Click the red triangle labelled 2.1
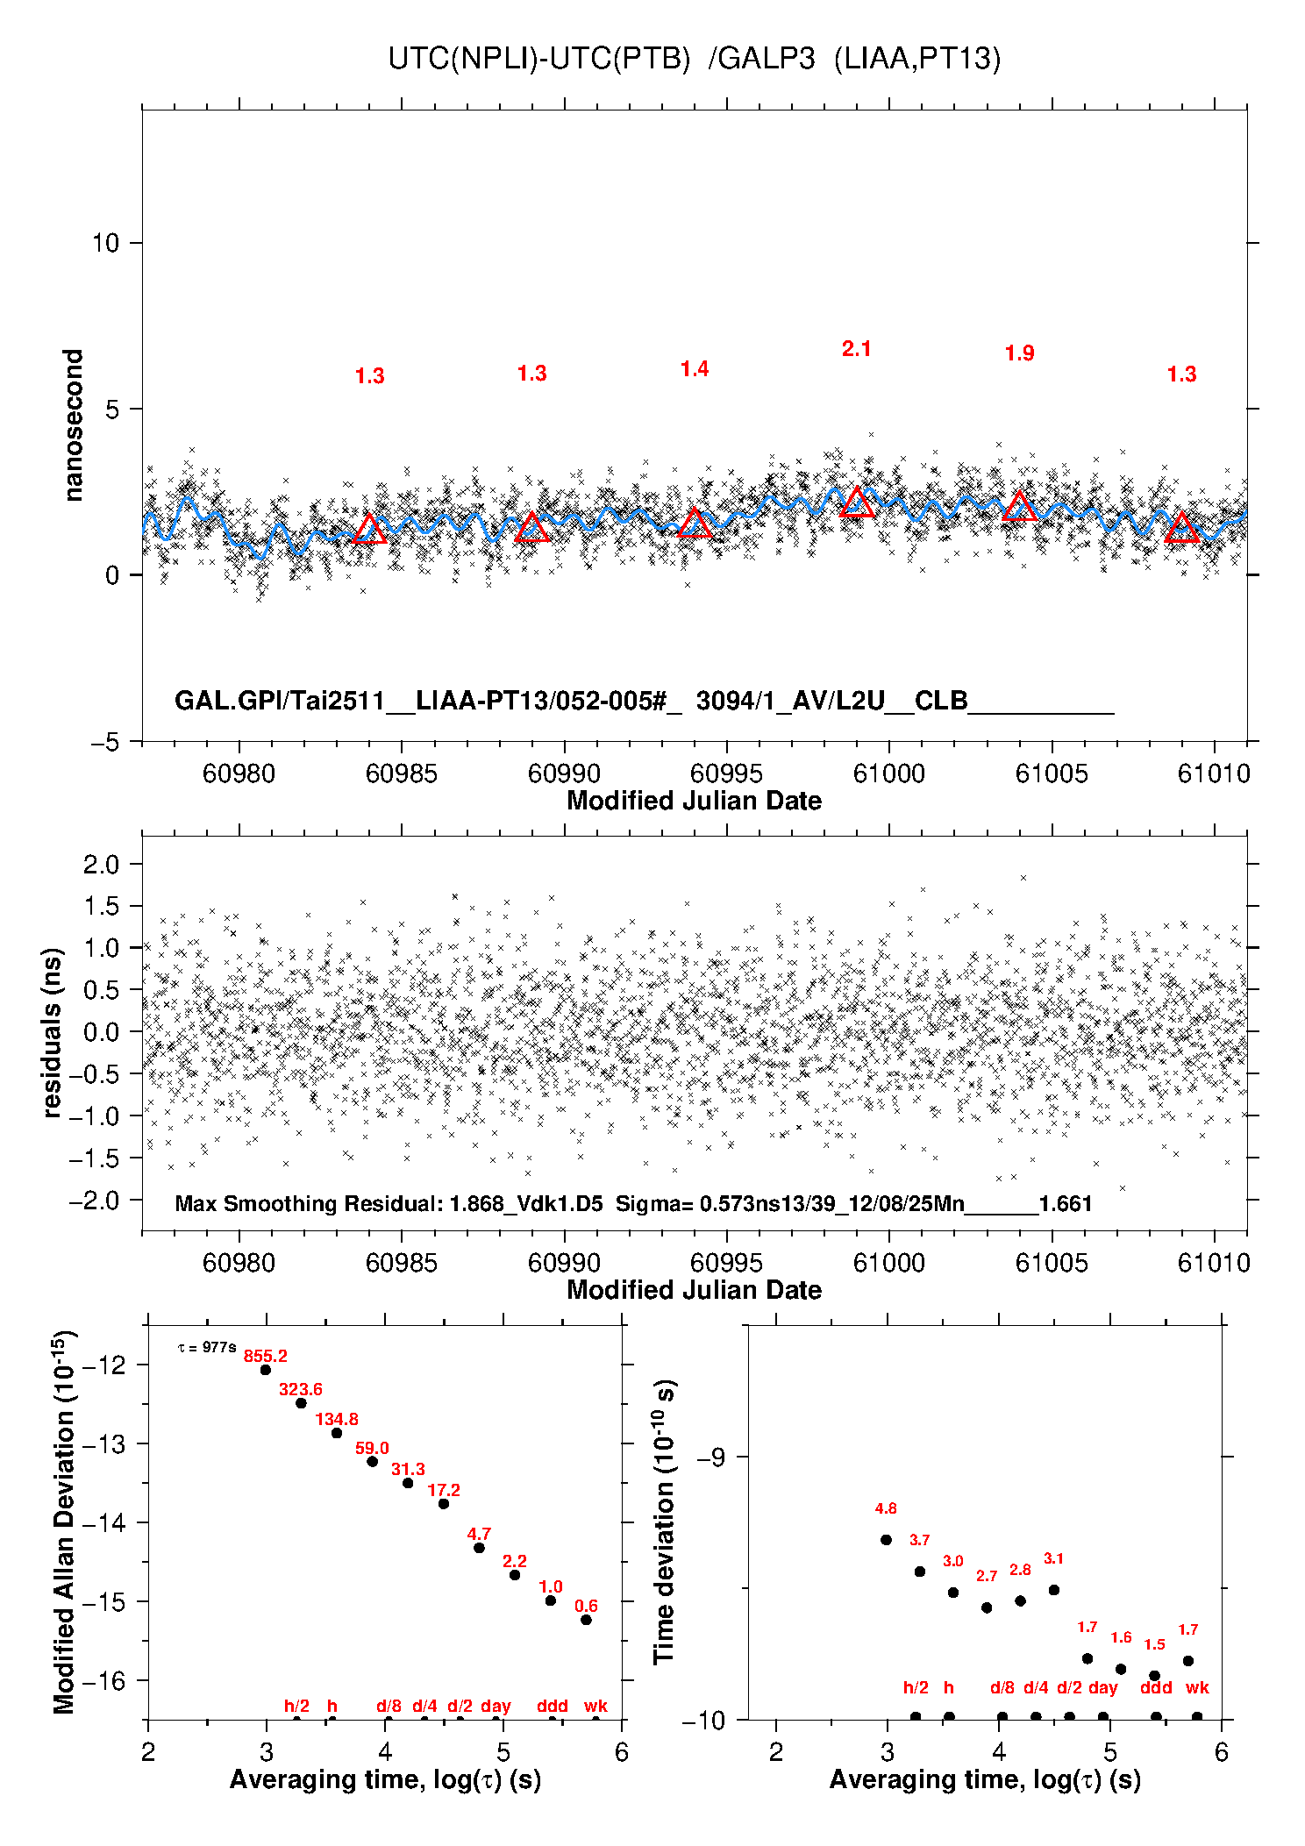coord(857,503)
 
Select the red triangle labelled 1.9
coord(1019,507)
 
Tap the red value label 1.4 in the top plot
coord(694,369)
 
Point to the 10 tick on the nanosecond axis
coord(106,243)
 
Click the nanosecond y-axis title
coord(74,425)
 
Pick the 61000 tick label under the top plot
coord(888,773)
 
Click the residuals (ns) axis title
coord(53,1032)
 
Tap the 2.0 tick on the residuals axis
coord(102,865)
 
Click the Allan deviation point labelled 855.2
coord(266,1370)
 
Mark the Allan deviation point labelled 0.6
coord(586,1620)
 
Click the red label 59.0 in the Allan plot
coord(372,1448)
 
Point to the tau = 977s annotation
coord(207,1347)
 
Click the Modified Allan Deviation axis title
coord(63,1522)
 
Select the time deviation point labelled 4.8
coord(886,1540)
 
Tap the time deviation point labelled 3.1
coord(1054,1590)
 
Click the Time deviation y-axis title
coord(664,1522)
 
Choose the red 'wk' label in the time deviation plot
coord(1197,1687)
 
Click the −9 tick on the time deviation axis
coord(711,1457)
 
